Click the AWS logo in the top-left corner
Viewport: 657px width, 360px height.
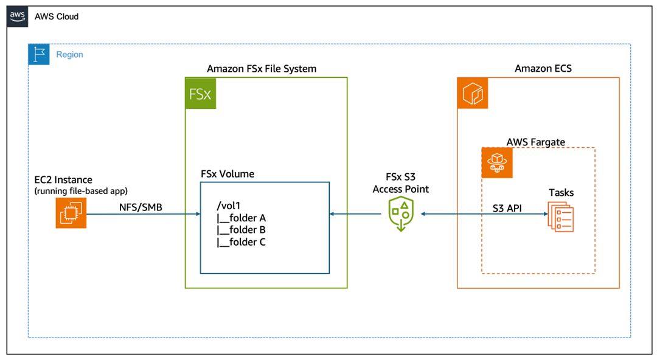coord(17,16)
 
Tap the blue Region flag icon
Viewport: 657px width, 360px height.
coord(39,54)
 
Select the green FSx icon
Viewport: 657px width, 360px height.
coord(201,93)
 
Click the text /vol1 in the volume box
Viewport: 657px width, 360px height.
coord(229,206)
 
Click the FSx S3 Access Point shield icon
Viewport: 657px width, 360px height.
coord(401,214)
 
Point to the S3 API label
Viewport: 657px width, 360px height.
coord(510,207)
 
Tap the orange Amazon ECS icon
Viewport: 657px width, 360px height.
coord(473,93)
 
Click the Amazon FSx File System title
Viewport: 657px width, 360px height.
coord(262,69)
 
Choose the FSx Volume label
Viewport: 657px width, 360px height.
coord(228,174)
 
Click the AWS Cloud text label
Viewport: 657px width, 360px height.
coord(57,16)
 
